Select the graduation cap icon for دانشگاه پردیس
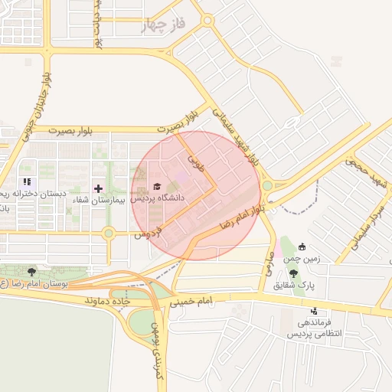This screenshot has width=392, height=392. [158, 186]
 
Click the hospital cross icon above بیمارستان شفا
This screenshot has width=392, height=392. [98, 188]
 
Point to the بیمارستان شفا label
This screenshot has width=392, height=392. [96, 200]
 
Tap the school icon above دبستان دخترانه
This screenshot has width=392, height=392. [27, 182]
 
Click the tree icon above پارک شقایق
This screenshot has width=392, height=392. [293, 273]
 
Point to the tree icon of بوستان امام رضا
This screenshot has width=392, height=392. [31, 272]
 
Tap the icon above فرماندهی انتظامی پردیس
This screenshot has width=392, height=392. [315, 312]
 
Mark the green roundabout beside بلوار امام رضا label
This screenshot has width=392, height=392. [266, 185]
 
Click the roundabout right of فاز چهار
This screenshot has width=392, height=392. [207, 22]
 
